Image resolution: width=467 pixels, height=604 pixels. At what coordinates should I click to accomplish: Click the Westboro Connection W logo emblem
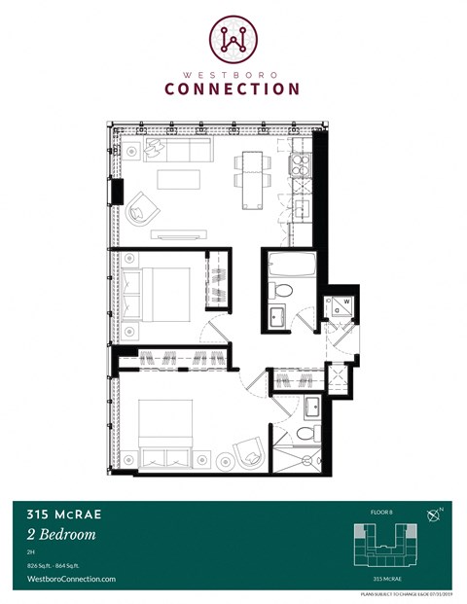point(233,37)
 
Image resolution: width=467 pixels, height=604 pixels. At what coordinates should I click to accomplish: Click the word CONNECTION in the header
point(233,89)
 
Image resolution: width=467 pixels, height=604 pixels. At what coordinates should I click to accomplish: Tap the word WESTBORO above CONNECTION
point(233,70)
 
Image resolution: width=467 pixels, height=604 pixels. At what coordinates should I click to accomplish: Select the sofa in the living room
point(171,149)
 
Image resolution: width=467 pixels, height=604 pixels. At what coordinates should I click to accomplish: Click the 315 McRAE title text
point(60,514)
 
